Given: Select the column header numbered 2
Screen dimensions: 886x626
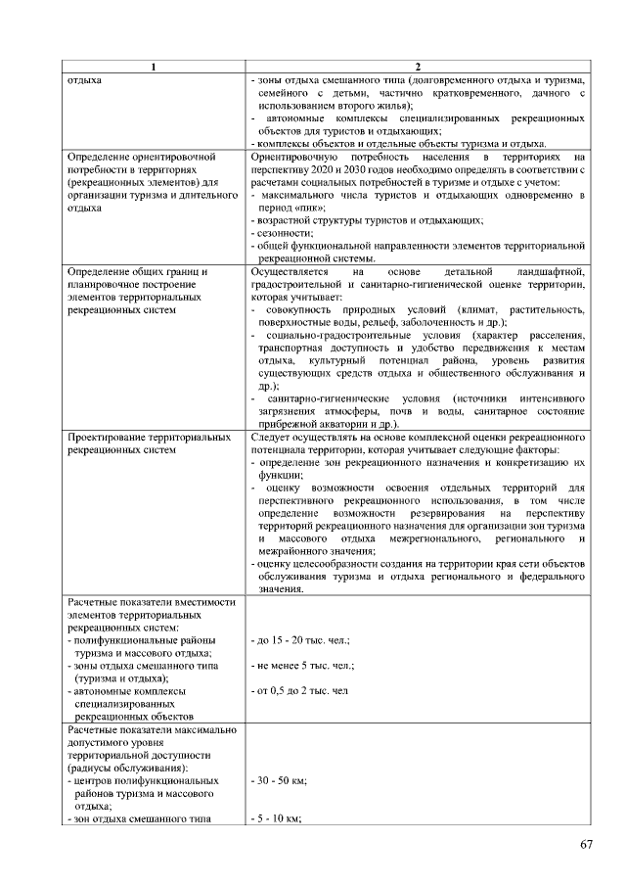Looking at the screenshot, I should coord(418,66).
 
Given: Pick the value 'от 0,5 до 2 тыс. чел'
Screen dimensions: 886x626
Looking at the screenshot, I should coord(299,691).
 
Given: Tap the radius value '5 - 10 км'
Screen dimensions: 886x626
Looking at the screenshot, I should coord(276,818).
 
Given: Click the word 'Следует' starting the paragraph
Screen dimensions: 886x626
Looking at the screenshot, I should coord(269,436).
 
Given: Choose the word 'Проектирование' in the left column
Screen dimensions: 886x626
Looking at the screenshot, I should coord(103,436).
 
